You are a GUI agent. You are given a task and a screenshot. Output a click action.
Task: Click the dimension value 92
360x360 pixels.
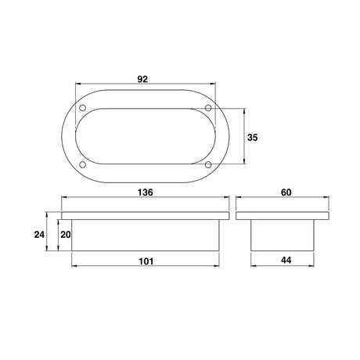[x=143, y=78]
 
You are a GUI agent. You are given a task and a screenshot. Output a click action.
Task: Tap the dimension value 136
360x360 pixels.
[x=144, y=192]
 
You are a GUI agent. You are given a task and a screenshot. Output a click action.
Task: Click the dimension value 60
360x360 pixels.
[x=285, y=192]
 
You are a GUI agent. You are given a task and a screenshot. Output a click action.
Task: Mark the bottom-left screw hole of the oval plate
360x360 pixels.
[x=81, y=164]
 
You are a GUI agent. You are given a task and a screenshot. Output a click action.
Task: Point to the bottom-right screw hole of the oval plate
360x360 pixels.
[x=207, y=164]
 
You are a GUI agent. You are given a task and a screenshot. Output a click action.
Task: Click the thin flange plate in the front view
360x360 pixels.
[x=144, y=214]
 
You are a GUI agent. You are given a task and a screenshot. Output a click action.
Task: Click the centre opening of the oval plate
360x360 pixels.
[x=144, y=136]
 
